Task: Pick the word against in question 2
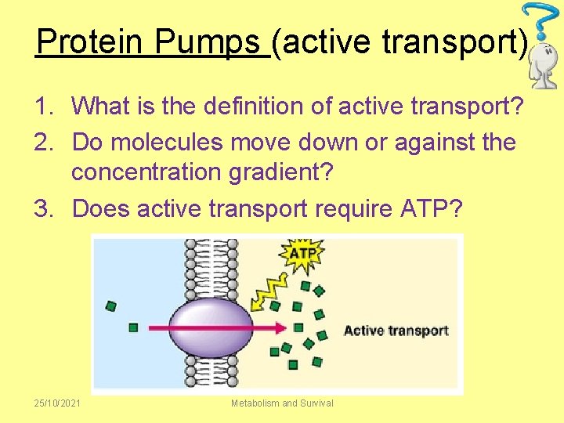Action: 439,143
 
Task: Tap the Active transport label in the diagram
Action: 396,331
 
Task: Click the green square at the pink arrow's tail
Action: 134,327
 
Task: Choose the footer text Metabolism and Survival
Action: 282,403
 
